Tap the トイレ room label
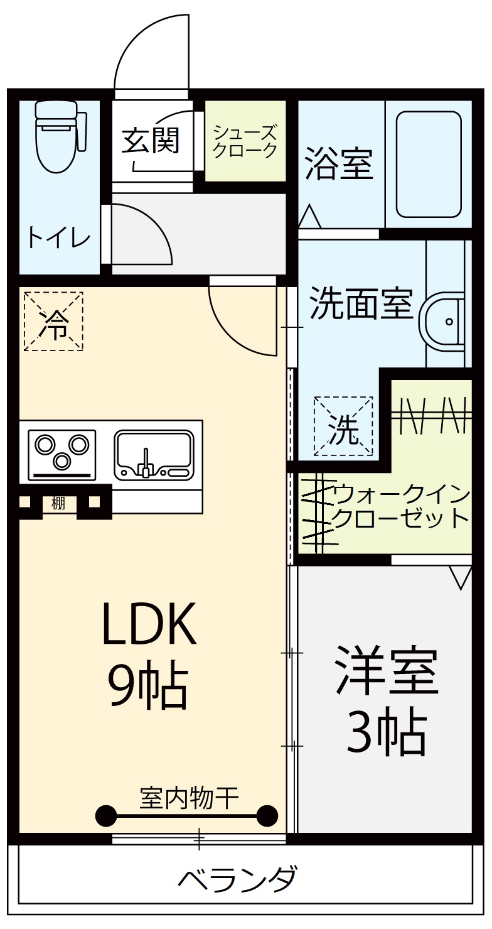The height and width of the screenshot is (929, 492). click(58, 238)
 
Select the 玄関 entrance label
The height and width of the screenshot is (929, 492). click(151, 140)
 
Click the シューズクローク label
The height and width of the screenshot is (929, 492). click(245, 141)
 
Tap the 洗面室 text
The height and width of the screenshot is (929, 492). click(361, 304)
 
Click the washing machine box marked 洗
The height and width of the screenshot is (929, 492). click(343, 426)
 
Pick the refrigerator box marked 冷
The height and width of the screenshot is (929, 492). click(53, 321)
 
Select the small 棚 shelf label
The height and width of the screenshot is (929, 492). click(58, 503)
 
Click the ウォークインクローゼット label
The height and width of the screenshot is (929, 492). click(402, 506)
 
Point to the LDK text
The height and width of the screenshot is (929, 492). click(151, 624)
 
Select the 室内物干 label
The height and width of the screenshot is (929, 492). click(189, 798)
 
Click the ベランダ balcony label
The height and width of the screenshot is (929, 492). click(237, 879)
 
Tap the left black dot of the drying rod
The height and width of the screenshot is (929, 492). click(106, 816)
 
